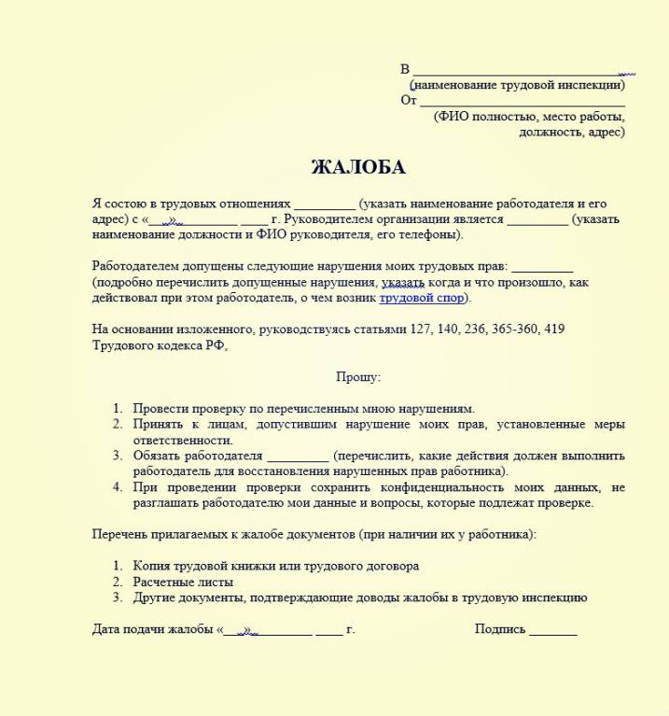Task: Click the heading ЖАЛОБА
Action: click(358, 168)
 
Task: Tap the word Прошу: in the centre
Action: click(358, 377)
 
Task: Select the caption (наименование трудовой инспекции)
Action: click(517, 85)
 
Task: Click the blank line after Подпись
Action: click(553, 630)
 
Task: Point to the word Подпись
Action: click(500, 630)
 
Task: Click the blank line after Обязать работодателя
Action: click(297, 456)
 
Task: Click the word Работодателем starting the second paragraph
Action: click(137, 267)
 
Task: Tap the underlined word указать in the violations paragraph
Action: click(403, 283)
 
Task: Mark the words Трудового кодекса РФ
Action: click(159, 345)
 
